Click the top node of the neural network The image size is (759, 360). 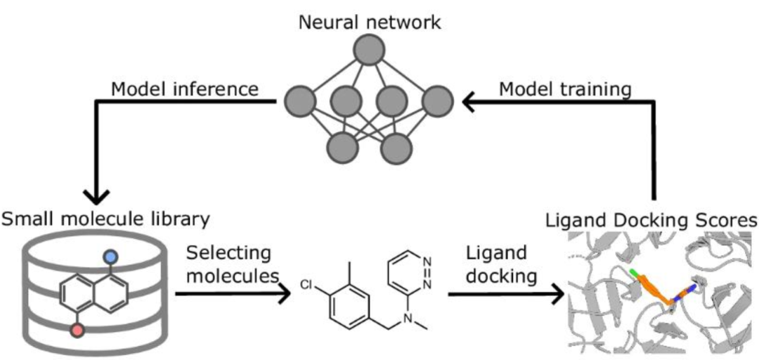370,51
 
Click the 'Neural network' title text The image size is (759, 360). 370,21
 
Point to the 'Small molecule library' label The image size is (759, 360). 105,219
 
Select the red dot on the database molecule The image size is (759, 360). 79,329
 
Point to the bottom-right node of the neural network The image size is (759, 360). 398,148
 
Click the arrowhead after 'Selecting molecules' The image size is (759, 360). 283,295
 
